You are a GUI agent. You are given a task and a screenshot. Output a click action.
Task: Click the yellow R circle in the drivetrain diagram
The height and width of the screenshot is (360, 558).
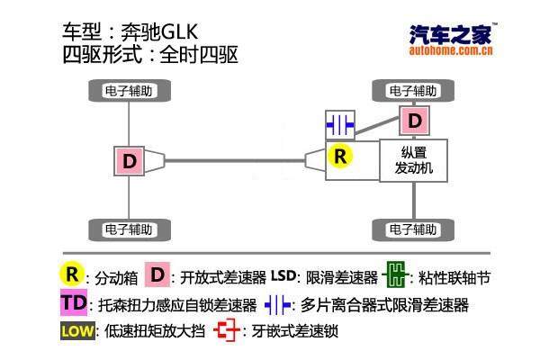click(339, 156)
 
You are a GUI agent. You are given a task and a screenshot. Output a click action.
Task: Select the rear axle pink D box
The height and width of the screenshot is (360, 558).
click(130, 161)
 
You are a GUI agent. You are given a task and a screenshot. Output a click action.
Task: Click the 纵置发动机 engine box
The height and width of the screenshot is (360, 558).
click(414, 160)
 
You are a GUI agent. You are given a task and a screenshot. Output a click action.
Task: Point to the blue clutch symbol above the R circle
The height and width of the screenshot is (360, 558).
click(339, 123)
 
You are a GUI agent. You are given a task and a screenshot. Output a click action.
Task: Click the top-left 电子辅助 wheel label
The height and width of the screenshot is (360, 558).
click(130, 91)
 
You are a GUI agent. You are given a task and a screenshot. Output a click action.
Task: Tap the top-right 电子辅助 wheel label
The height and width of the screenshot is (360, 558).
click(414, 91)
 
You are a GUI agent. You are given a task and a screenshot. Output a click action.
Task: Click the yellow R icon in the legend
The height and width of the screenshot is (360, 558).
click(72, 274)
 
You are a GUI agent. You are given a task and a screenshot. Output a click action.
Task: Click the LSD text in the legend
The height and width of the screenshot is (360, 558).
click(283, 274)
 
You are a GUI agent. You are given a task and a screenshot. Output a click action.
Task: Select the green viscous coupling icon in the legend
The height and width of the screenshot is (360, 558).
click(395, 274)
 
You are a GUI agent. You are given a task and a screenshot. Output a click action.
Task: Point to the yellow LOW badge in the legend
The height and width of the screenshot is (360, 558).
click(76, 330)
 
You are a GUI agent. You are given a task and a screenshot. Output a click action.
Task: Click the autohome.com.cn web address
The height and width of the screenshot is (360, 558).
click(451, 51)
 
